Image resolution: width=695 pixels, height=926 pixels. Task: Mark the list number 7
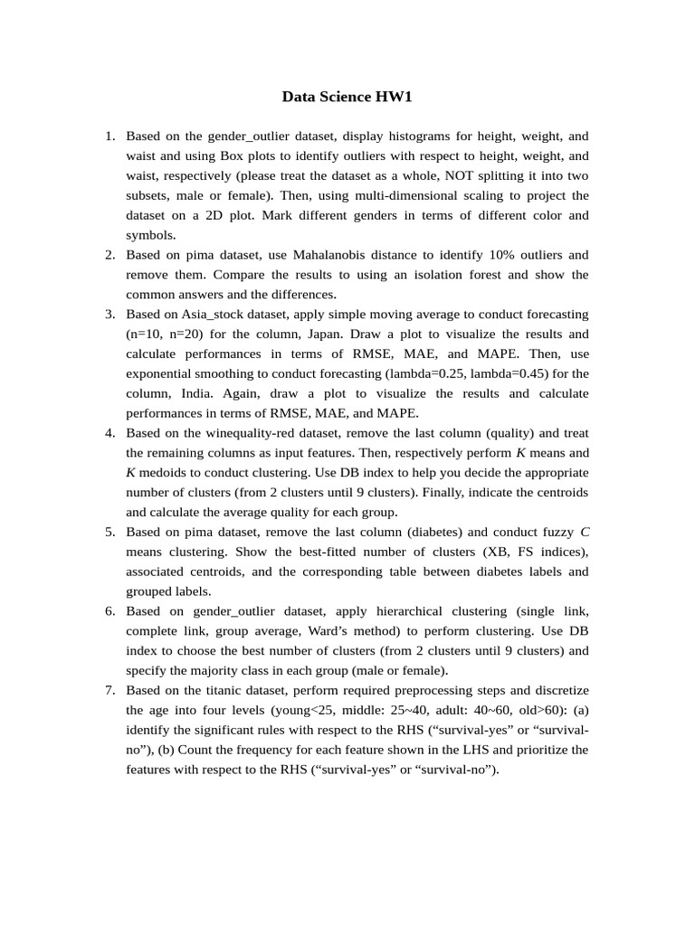(109, 690)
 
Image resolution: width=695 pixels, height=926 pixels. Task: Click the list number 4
(109, 433)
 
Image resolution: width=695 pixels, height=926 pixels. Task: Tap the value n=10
(146, 334)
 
